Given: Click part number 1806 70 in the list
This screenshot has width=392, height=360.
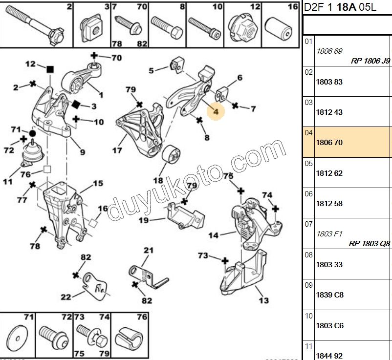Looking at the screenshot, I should (329, 142).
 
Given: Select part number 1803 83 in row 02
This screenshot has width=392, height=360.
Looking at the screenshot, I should (329, 82).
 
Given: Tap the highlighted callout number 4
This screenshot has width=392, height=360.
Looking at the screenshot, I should (216, 111).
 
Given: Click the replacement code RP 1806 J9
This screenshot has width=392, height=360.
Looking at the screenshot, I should (370, 61).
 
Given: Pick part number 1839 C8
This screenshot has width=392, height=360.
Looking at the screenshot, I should (329, 295).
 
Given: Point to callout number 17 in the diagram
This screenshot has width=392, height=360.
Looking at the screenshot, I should (117, 150).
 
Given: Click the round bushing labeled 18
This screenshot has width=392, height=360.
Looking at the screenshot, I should (171, 157).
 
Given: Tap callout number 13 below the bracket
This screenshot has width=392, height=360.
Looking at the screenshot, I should (263, 300).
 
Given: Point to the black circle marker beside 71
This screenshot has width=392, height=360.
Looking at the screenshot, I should (32, 133).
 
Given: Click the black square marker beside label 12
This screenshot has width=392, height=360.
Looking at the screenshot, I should (49, 69).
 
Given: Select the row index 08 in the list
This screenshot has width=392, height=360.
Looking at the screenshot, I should (308, 254).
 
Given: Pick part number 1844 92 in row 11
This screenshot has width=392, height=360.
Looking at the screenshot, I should (329, 355).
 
